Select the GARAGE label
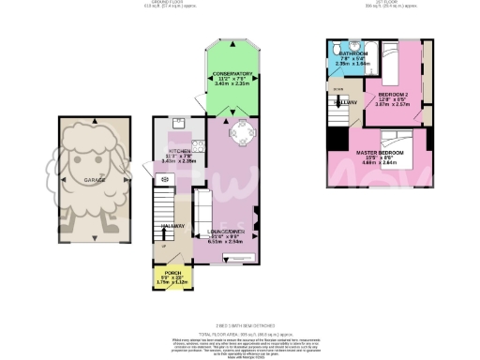pos(93,178)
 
